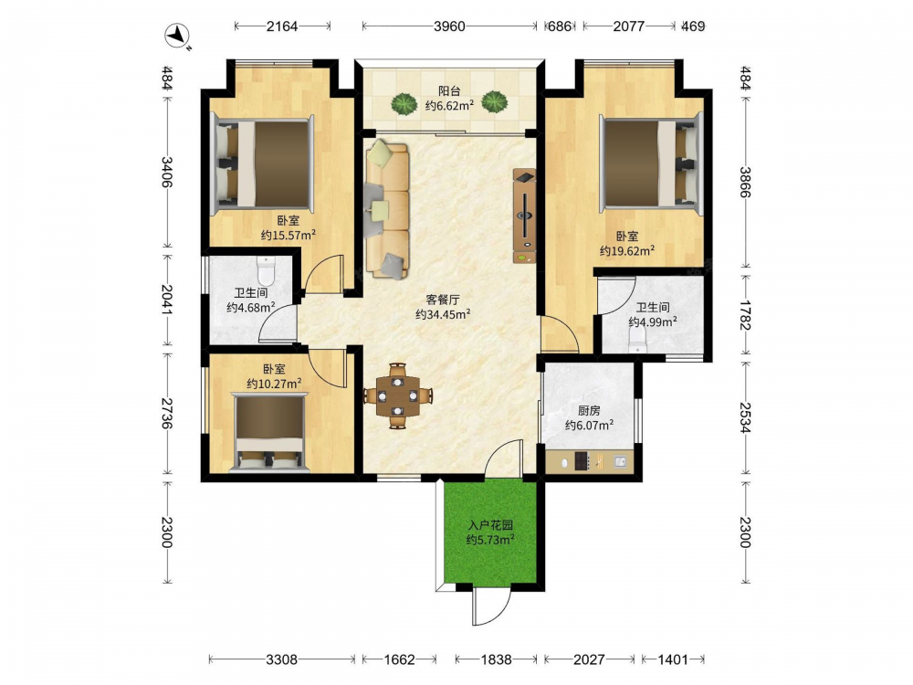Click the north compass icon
click(x=176, y=37)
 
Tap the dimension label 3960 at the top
click(x=449, y=26)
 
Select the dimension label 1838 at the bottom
click(x=496, y=659)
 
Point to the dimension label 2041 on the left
click(x=166, y=300)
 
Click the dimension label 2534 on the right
click(x=745, y=416)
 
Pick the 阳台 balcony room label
click(x=449, y=90)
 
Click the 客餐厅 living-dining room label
click(x=443, y=300)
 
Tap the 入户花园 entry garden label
click(x=490, y=525)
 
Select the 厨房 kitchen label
click(x=589, y=411)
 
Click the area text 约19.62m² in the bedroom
click(x=627, y=251)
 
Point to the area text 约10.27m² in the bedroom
click(x=274, y=384)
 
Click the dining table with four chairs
click(x=398, y=396)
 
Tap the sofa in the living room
click(x=387, y=208)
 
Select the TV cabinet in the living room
click(x=524, y=216)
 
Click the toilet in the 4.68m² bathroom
click(x=266, y=270)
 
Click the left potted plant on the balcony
click(x=404, y=104)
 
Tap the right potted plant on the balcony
click(x=494, y=102)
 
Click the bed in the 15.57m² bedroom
click(x=262, y=163)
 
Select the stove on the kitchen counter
click(x=582, y=461)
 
